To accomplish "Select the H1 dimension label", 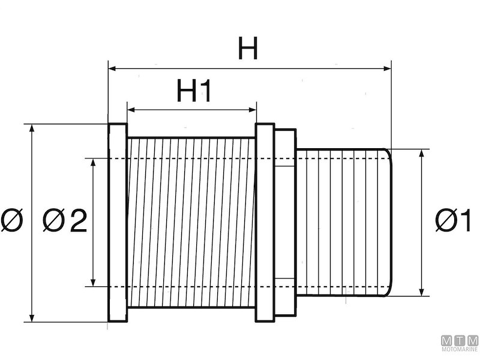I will tap(194, 92).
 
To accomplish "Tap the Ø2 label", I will tap(65, 222).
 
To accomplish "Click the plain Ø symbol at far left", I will tap(12, 222).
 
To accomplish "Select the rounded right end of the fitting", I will tap(389, 222).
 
